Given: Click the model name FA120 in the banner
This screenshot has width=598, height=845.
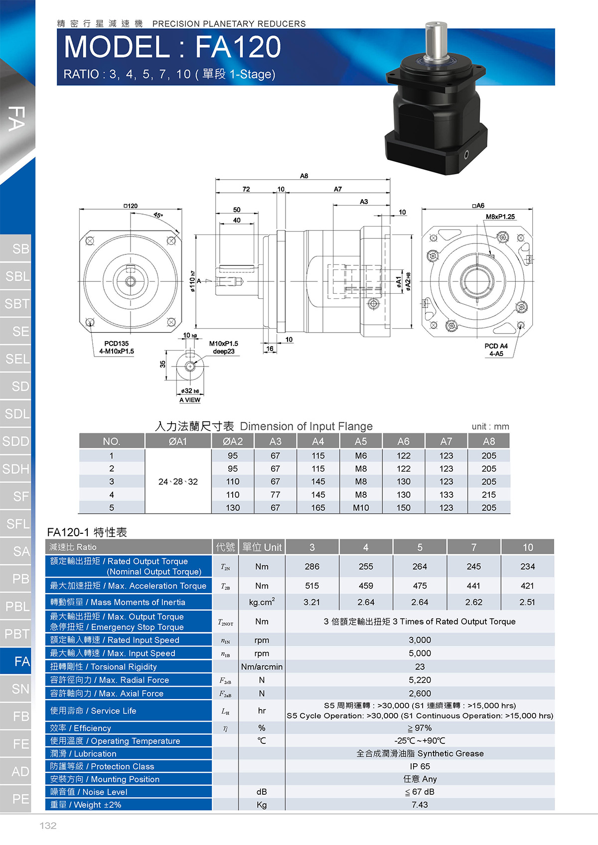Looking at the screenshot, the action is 238,47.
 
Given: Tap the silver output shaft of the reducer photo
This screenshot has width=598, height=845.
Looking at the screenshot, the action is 436,41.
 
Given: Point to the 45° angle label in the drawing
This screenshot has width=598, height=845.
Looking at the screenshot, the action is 158,215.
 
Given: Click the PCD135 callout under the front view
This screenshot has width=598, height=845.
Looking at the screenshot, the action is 116,344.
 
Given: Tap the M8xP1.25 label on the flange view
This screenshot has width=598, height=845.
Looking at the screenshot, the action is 500,217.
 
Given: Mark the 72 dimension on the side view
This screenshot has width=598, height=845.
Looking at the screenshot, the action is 246,189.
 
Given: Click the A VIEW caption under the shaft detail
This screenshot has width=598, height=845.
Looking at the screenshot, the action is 190,400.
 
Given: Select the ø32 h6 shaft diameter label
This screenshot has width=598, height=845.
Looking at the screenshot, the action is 190,391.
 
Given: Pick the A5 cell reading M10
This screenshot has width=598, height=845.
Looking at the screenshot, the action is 361,508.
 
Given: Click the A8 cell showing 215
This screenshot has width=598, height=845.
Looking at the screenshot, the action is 489,494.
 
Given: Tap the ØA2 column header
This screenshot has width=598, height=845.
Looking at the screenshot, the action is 233,441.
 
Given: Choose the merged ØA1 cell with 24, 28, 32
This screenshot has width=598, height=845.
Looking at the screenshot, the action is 178,482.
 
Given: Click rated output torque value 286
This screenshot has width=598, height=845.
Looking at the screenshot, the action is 312,567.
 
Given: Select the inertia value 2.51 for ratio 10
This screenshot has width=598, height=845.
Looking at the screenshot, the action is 527,602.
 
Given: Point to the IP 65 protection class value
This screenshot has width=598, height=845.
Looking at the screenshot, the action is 420,766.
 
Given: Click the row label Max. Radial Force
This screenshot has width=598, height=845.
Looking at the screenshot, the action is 110,680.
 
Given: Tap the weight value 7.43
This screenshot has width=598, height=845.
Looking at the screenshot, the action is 420,805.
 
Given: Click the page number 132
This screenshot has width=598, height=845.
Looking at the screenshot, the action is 48,826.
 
